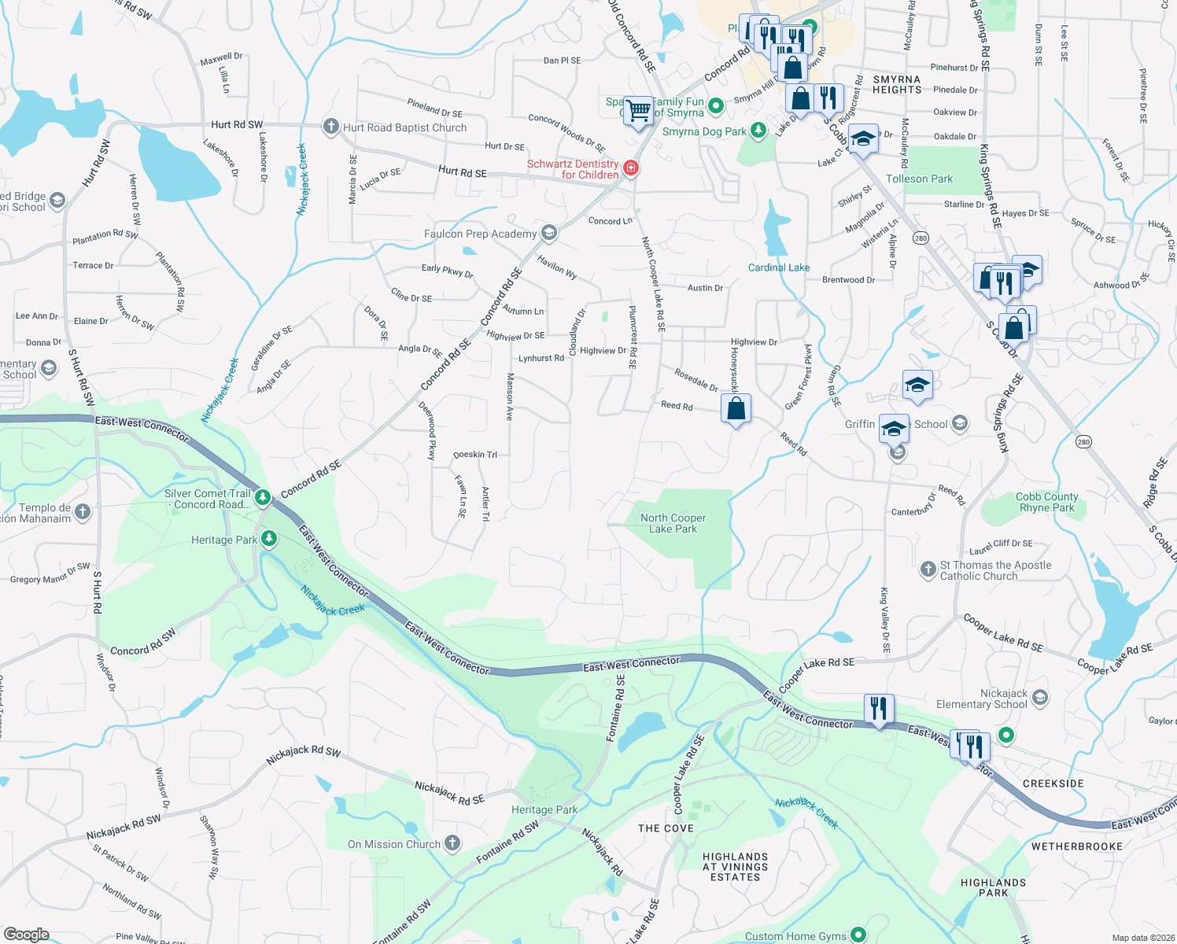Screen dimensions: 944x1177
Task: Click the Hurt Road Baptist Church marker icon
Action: click(331, 127)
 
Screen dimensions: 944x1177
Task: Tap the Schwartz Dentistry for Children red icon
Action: click(630, 168)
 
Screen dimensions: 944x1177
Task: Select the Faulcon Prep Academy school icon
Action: click(549, 233)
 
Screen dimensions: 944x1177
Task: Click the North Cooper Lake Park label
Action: click(673, 523)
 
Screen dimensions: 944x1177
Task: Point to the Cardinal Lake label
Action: click(778, 267)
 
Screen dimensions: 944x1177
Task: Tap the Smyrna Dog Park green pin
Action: click(758, 131)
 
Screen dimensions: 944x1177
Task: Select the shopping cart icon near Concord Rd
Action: click(639, 109)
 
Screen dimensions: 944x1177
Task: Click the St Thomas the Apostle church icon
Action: click(928, 568)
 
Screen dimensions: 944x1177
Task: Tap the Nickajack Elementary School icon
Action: click(1039, 698)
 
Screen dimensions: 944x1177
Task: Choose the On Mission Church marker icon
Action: click(452, 843)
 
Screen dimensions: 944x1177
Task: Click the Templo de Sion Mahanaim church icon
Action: click(83, 512)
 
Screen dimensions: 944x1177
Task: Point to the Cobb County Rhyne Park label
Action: click(1046, 502)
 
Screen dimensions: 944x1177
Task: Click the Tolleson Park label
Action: click(919, 179)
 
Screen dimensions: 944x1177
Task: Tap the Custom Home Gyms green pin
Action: click(858, 935)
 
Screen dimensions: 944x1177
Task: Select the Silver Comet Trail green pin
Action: click(263, 497)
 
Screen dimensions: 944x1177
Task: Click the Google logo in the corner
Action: click(26, 934)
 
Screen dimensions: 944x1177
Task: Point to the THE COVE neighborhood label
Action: click(666, 828)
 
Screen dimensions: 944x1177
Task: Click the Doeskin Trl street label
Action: click(475, 455)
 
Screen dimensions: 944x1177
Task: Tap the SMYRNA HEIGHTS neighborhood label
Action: click(896, 85)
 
